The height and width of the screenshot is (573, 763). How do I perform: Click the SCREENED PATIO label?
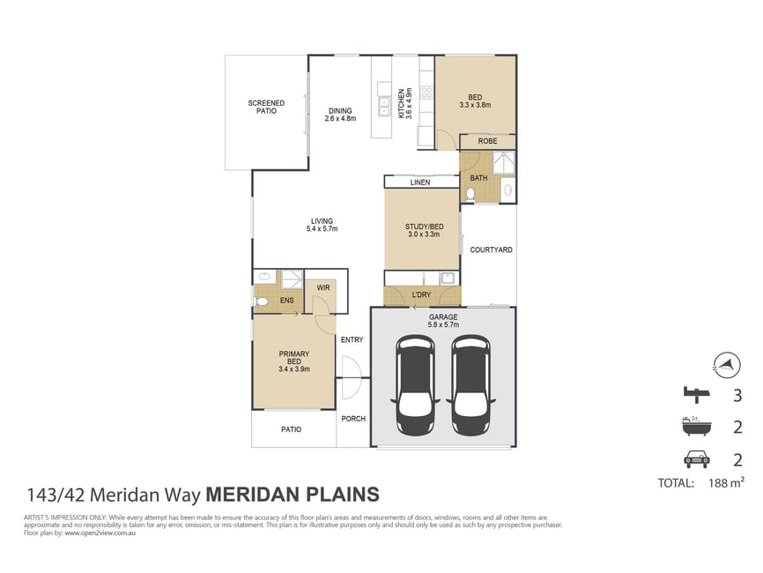point(266,107)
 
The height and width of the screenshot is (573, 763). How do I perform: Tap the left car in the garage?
point(415,384)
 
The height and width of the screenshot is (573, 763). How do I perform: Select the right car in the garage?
point(470,384)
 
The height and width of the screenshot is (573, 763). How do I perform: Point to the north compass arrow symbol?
point(727,365)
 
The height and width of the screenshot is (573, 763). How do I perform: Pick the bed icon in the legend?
point(697,394)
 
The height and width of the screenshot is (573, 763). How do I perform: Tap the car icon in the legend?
point(697,459)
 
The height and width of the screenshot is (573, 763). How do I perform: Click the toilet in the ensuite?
point(262,301)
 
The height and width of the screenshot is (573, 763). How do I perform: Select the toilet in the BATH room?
point(470,195)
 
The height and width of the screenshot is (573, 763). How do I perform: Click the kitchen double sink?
point(384,106)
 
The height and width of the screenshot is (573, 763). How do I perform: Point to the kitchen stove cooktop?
point(426,92)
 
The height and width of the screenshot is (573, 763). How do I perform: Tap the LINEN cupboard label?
point(420,182)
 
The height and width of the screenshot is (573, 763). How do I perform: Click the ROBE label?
point(487,141)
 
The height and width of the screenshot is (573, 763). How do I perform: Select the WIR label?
point(323,287)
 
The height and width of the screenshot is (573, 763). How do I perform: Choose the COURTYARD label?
point(491,249)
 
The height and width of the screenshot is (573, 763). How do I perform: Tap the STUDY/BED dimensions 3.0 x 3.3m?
point(424,234)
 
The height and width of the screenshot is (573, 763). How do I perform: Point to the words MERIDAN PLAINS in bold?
point(293,495)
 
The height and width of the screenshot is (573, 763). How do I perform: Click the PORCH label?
point(353,419)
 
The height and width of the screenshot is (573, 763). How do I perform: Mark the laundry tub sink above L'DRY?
point(447,279)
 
